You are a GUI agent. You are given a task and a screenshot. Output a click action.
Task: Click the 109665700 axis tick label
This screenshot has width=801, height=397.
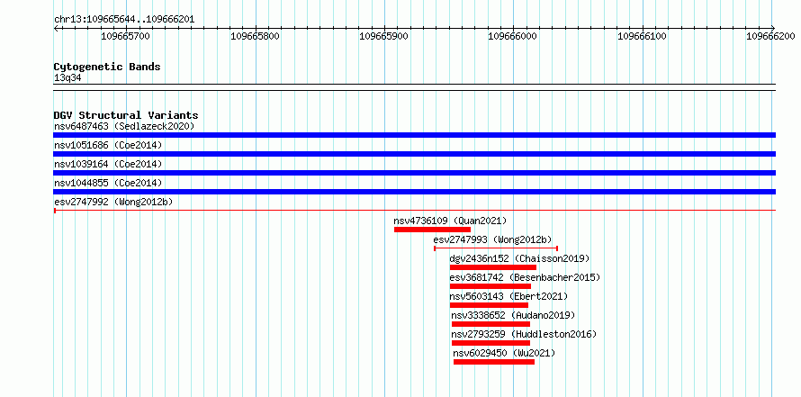click(126, 36)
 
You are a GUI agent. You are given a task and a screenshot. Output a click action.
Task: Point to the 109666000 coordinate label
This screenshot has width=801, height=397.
click(513, 36)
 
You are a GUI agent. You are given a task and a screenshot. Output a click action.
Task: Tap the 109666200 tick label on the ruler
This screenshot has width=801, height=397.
click(771, 36)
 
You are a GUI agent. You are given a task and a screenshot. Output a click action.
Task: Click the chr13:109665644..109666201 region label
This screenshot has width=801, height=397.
click(124, 20)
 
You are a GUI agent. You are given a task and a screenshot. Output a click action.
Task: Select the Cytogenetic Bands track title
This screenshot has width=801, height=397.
click(107, 67)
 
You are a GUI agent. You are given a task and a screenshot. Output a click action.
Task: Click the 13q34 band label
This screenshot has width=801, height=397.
click(67, 78)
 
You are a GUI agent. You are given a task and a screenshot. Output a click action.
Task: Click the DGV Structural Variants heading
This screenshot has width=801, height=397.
click(126, 115)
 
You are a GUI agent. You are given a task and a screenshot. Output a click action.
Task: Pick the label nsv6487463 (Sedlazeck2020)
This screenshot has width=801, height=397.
click(124, 126)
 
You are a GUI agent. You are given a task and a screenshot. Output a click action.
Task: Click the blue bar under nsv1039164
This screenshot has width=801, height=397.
click(415, 173)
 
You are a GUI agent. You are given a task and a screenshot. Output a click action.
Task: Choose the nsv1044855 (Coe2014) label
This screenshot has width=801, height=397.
click(108, 183)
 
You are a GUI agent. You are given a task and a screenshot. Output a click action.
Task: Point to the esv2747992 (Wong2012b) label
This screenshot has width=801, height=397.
click(113, 202)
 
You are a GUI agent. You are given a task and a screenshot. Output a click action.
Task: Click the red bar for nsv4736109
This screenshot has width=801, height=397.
click(432, 230)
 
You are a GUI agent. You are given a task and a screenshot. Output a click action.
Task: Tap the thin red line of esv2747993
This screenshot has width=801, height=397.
click(496, 248)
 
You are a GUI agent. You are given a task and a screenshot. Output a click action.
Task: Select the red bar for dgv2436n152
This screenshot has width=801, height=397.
click(493, 267)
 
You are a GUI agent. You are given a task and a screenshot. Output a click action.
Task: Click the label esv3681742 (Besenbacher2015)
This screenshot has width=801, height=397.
click(525, 277)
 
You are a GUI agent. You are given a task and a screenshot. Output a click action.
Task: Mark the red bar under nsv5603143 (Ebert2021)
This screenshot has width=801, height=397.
click(489, 305)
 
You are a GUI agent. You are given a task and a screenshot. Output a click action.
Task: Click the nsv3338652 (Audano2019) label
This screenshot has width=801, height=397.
click(513, 315)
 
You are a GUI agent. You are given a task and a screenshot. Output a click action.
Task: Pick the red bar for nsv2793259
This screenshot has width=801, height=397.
click(490, 343)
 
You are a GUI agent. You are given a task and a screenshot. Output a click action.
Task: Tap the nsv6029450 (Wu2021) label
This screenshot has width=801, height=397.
click(504, 353)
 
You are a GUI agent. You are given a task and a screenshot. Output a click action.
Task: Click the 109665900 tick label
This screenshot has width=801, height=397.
click(384, 36)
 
